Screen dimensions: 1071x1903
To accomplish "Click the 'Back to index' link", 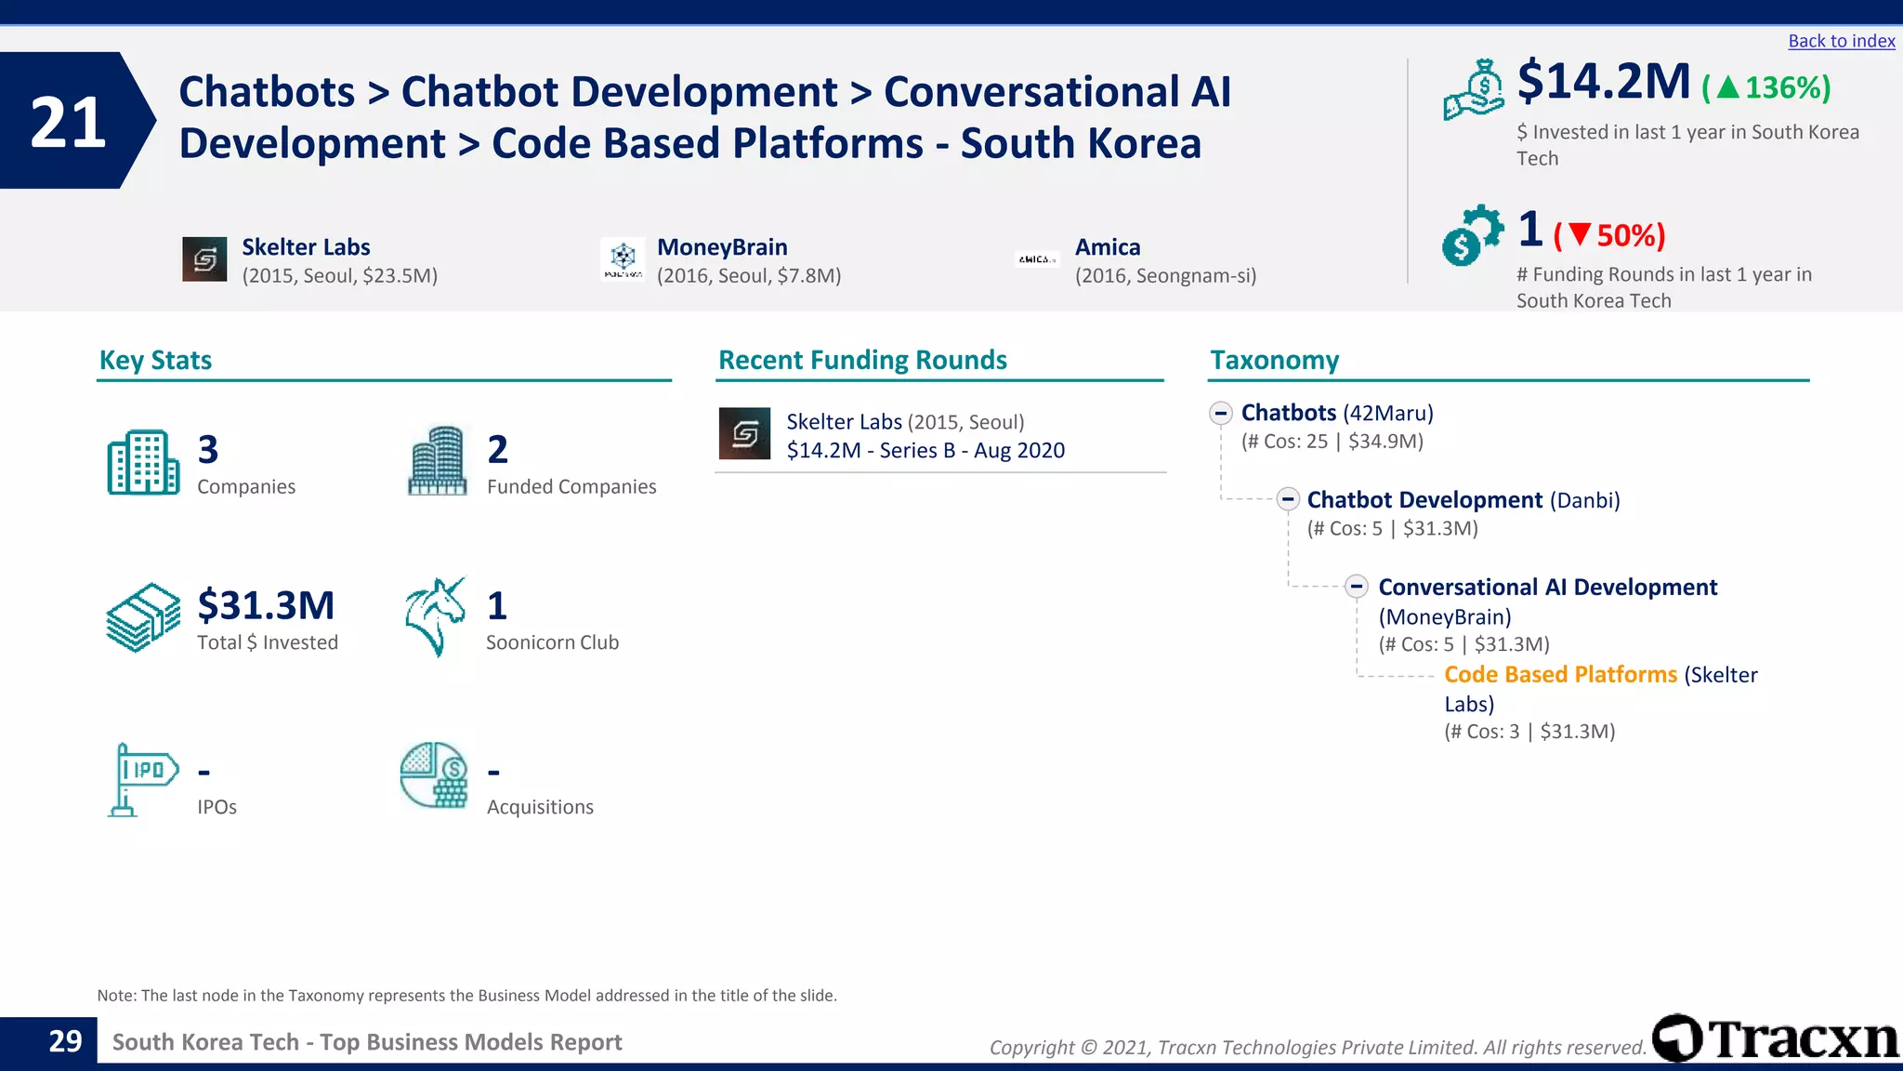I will [x=1841, y=41].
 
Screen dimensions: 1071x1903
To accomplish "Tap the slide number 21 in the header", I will [x=68, y=122].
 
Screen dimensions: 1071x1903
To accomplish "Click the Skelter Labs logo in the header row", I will [x=204, y=259].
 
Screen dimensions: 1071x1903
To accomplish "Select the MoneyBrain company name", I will [x=722, y=247].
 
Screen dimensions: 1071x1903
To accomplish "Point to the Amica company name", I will [x=1108, y=247].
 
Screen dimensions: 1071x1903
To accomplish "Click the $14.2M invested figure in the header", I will [x=1603, y=82].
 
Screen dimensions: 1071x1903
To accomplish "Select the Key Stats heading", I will [x=155, y=361].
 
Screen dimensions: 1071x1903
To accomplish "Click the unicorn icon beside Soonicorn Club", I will [x=434, y=616].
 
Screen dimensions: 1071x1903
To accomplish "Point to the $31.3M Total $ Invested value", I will [x=266, y=605].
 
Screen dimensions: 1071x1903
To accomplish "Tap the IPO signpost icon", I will [x=140, y=779].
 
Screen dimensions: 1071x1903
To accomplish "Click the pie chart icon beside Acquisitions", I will [x=434, y=775].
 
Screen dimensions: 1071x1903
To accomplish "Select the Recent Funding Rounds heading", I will [x=862, y=361].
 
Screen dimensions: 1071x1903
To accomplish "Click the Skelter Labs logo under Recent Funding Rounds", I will [x=744, y=433].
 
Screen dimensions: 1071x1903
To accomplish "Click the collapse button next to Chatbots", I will [x=1221, y=413].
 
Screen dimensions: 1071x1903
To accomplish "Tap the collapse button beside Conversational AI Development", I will [x=1357, y=587].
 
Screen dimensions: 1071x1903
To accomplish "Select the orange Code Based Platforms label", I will [x=1560, y=675].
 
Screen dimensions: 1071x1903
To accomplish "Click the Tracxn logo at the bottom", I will [x=1776, y=1038].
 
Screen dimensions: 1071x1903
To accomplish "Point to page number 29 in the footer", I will [x=65, y=1041].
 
